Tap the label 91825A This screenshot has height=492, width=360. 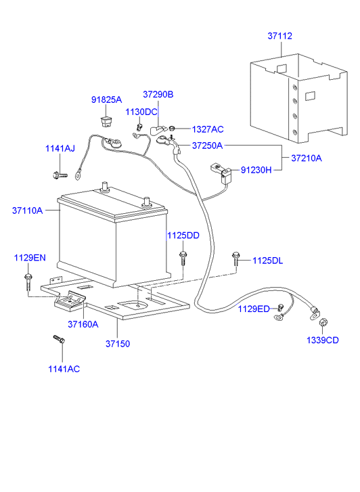106,100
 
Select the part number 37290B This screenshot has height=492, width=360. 158,95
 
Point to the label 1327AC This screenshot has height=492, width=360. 207,129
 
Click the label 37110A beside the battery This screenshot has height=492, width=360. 27,210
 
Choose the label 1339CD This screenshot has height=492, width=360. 323,340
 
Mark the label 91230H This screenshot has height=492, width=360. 256,171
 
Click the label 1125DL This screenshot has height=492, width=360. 269,260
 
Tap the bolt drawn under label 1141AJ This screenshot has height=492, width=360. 59,175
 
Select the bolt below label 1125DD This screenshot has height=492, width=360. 183,258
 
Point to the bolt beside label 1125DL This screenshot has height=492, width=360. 235,258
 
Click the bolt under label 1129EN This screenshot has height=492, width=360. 28,279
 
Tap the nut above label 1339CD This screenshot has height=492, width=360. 323,323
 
